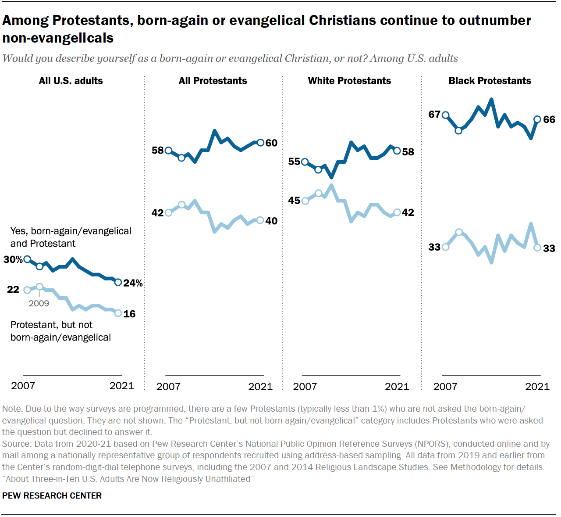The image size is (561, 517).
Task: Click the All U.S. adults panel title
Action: (71, 81)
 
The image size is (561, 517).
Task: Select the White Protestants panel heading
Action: (349, 81)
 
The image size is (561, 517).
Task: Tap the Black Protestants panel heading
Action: (490, 81)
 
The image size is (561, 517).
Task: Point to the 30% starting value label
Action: (13, 259)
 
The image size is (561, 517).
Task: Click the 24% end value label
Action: (133, 283)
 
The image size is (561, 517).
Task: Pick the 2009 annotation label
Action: (39, 303)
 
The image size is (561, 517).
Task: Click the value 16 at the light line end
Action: (129, 314)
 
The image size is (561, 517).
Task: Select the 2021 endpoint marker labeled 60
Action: (260, 143)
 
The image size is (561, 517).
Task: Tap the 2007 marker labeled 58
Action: (168, 151)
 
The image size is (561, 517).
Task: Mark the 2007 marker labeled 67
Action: (446, 115)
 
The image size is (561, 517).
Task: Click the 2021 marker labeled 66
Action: (537, 119)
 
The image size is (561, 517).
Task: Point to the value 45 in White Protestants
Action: (294, 201)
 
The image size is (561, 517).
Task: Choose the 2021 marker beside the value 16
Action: (118, 313)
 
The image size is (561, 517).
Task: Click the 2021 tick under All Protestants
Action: (260, 386)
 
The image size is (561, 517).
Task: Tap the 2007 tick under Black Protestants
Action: (445, 386)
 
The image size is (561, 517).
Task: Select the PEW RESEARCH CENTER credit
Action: (52, 495)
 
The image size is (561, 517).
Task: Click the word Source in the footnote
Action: (16, 444)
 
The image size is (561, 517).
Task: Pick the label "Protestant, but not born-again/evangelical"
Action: (60, 331)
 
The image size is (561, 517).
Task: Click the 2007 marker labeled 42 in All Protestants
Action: (168, 213)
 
